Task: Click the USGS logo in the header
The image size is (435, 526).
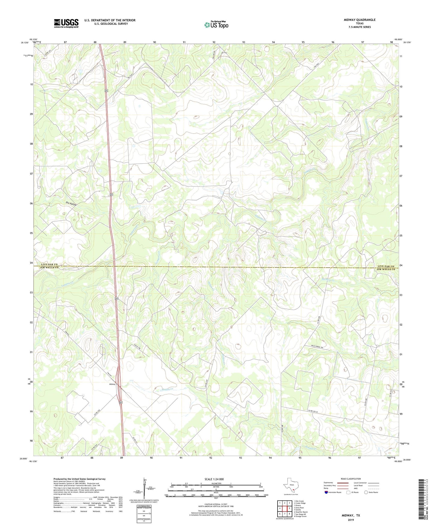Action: point(66,23)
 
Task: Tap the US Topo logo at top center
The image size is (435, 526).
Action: point(216,25)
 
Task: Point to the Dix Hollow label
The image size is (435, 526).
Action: point(71,204)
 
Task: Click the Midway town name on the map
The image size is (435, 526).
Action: point(112,384)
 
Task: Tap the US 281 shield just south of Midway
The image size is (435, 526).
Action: point(120,402)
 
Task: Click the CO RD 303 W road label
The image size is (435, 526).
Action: point(315,412)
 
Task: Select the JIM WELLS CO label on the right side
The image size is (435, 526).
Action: point(385,269)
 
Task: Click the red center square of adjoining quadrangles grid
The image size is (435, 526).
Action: point(284,508)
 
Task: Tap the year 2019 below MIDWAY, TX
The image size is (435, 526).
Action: point(351,520)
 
